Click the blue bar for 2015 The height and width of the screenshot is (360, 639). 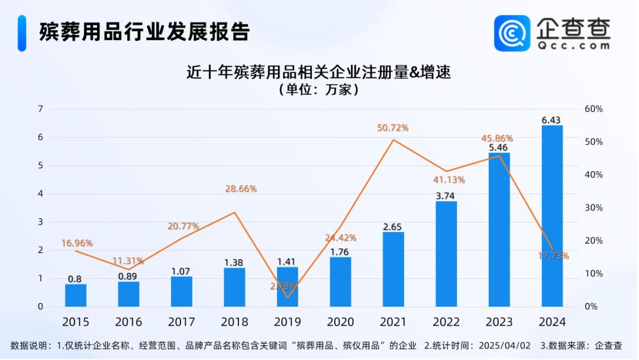pos(76,295)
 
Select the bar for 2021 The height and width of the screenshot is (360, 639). pos(393,269)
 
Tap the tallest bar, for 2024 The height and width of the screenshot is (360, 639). pos(552,216)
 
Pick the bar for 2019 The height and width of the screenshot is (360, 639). pos(288,287)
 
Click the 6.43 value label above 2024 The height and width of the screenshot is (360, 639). pos(552,120)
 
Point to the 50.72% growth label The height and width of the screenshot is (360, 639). pos(393,128)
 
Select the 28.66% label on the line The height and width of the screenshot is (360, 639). pos(241,189)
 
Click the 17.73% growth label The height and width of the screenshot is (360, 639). pos(554,256)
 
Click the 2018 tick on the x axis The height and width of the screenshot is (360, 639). pos(234,322)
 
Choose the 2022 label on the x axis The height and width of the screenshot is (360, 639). pos(446,322)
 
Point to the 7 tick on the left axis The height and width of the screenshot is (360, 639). pos(40,109)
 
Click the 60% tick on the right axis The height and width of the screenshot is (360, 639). pos(593,109)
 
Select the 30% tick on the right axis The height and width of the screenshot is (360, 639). pos(593,208)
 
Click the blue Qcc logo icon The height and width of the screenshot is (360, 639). pos(512,33)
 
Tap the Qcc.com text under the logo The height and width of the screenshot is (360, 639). pos(573,45)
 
